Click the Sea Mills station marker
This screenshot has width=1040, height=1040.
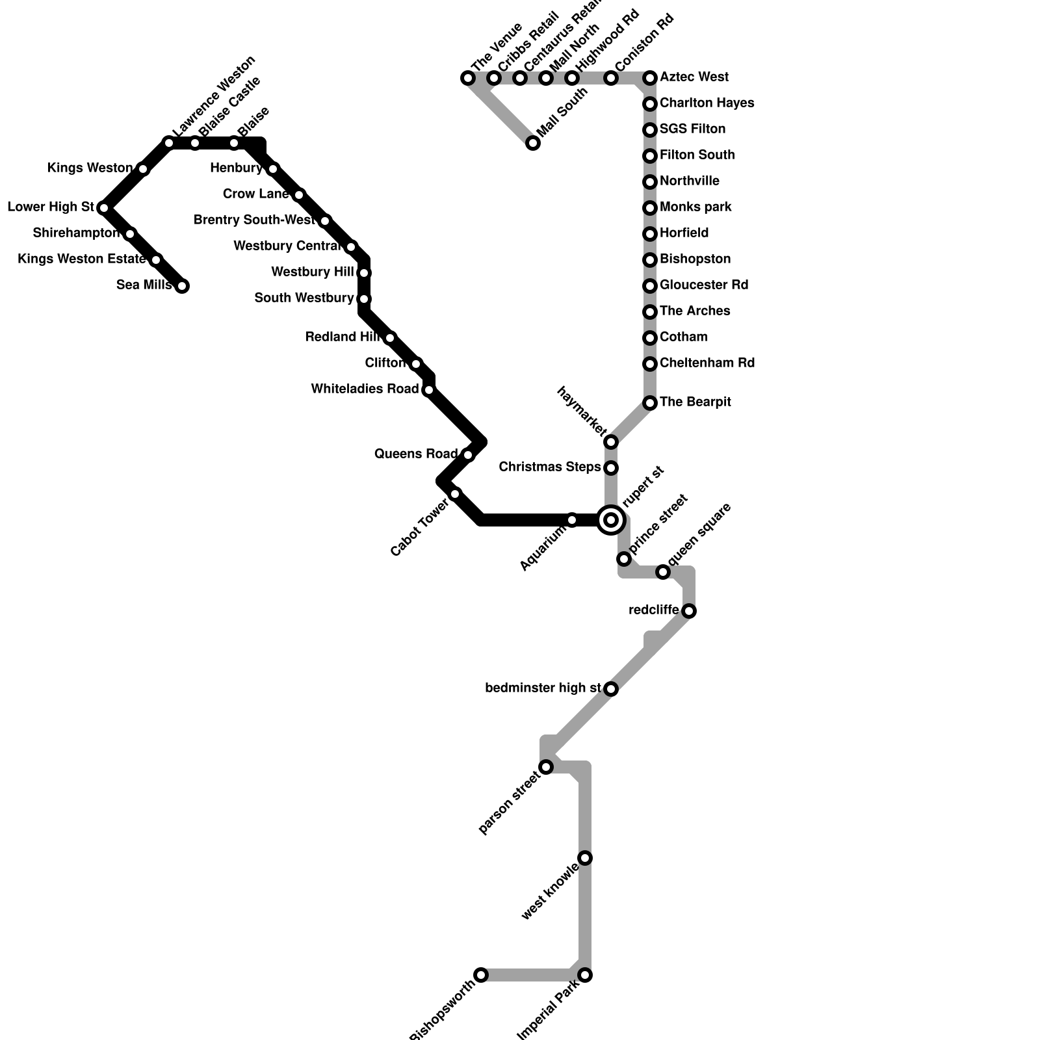[183, 286]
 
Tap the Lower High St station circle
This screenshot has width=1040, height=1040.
[104, 208]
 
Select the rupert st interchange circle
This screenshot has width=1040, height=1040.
[611, 520]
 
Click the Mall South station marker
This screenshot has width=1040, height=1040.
[533, 143]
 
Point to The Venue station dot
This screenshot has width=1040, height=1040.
[468, 79]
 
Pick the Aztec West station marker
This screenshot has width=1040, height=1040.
[650, 79]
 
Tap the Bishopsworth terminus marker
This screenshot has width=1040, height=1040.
[481, 975]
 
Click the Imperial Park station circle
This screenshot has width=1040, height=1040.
[586, 975]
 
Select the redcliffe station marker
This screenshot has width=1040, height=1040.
[689, 611]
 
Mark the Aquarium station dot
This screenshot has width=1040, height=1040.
[572, 520]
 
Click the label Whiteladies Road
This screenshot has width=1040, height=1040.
[365, 389]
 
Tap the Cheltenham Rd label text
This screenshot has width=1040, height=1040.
[707, 363]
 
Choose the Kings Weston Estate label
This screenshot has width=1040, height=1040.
[81, 259]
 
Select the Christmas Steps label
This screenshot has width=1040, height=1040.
[550, 467]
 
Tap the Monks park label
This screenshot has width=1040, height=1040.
[695, 207]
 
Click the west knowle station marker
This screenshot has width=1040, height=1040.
[586, 858]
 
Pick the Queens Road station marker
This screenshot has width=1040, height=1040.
[468, 455]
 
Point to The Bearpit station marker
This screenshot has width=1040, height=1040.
[650, 403]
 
